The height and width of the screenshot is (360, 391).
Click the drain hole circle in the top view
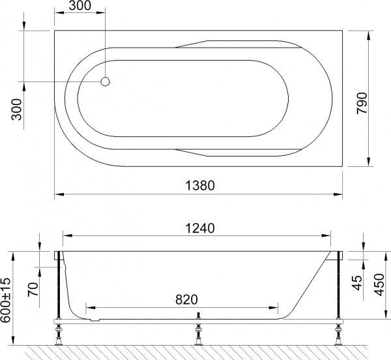tap(106, 82)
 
